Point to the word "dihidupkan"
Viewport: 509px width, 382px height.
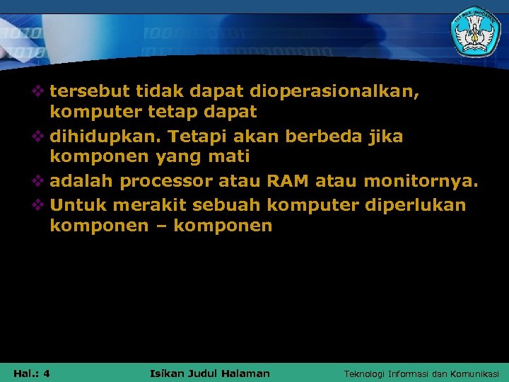105,136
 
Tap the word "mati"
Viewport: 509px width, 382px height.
228,156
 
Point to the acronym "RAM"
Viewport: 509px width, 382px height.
288,181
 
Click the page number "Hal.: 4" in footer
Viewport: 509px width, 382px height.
31,373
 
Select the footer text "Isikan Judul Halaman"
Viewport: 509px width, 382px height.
210,373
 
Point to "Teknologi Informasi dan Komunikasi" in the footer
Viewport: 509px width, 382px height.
421,373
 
